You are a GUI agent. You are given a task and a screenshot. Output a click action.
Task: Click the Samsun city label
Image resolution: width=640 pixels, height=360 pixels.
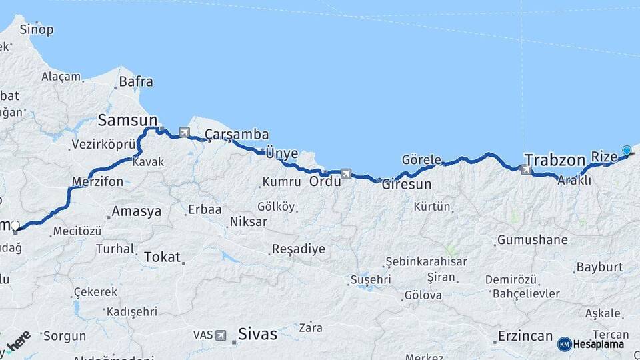(x=127, y=120)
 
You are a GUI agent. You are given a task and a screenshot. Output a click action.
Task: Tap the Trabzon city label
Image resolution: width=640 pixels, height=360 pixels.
(x=554, y=160)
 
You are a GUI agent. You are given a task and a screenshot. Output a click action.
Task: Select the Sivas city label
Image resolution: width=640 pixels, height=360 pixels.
(x=257, y=334)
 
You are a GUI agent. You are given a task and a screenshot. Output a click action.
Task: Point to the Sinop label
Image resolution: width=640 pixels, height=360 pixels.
(x=37, y=29)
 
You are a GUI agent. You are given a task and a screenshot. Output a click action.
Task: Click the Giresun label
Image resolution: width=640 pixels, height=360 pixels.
(x=407, y=185)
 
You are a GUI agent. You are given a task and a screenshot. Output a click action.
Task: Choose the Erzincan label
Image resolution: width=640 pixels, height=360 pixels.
(x=525, y=335)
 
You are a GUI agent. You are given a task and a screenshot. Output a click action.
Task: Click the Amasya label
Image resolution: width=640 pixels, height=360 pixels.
(x=136, y=211)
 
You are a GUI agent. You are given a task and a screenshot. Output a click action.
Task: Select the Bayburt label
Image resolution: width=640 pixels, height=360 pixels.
(x=599, y=267)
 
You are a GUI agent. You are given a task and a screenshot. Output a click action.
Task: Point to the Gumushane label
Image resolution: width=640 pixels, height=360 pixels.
(x=533, y=239)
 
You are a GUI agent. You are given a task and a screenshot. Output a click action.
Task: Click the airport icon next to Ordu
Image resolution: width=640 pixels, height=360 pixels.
(x=345, y=174)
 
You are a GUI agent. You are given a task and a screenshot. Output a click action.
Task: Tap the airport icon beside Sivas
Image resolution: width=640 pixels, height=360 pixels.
(x=221, y=335)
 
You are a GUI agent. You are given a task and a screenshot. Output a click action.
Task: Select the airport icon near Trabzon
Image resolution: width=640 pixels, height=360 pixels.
(x=526, y=171)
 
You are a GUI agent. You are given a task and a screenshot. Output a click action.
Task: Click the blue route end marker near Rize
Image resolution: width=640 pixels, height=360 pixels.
(x=626, y=150)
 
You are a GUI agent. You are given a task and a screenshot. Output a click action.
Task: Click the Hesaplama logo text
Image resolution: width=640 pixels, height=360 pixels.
(x=598, y=344)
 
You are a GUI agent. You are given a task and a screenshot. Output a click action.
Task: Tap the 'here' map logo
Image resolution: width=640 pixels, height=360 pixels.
(x=18, y=341)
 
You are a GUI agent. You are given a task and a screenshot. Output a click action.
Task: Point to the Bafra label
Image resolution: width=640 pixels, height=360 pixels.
(x=136, y=82)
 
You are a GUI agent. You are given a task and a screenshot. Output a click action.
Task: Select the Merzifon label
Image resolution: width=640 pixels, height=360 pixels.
(x=97, y=181)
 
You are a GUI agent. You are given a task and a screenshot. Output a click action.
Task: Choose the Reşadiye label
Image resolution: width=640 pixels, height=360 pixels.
(x=298, y=249)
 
